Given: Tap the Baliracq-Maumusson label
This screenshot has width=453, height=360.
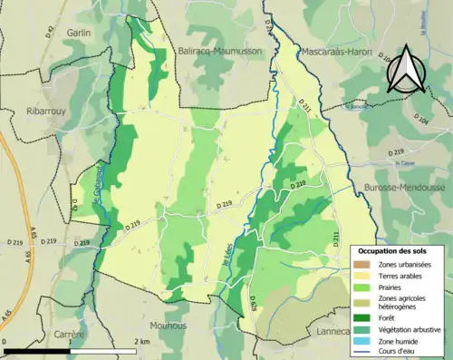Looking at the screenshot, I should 221,52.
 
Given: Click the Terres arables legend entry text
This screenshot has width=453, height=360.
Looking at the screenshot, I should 399,275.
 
